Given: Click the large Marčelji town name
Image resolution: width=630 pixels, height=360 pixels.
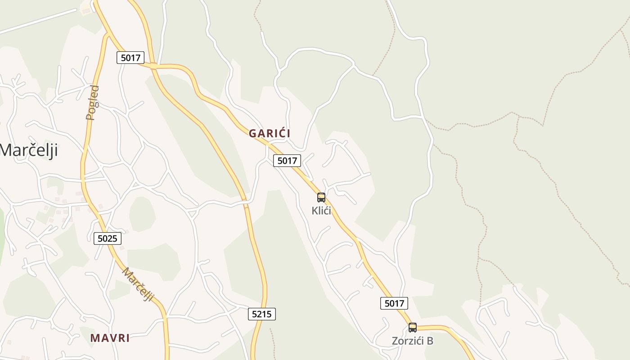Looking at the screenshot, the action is pyautogui.click(x=29, y=150).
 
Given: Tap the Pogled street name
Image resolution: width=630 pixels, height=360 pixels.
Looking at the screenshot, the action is pyautogui.click(x=93, y=103).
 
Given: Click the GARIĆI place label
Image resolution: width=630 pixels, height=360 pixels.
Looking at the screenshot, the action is pyautogui.click(x=270, y=133).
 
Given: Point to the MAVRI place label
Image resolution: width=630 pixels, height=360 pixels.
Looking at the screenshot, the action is pyautogui.click(x=110, y=338).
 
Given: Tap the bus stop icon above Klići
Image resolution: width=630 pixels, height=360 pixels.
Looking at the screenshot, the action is pyautogui.click(x=321, y=197).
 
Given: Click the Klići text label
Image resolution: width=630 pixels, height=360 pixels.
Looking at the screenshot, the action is pyautogui.click(x=321, y=211).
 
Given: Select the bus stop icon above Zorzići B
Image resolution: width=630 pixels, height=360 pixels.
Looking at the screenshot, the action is pyautogui.click(x=413, y=328).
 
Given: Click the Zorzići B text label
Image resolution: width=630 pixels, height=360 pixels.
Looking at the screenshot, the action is pyautogui.click(x=412, y=341).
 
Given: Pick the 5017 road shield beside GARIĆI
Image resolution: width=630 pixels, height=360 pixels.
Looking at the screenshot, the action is pyautogui.click(x=287, y=161).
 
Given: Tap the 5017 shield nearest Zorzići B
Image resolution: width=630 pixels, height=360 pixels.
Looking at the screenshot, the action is pyautogui.click(x=394, y=303).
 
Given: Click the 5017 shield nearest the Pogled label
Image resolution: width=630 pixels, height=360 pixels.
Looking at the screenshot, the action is pyautogui.click(x=130, y=58).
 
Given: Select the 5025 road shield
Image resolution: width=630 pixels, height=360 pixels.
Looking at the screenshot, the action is pyautogui.click(x=108, y=238).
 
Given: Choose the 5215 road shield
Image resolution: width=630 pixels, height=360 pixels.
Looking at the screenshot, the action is pyautogui.click(x=262, y=314).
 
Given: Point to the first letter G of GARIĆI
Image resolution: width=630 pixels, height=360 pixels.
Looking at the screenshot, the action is pyautogui.click(x=252, y=133).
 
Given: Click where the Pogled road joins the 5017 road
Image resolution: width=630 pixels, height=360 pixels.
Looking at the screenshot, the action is pyautogui.click(x=107, y=34).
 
